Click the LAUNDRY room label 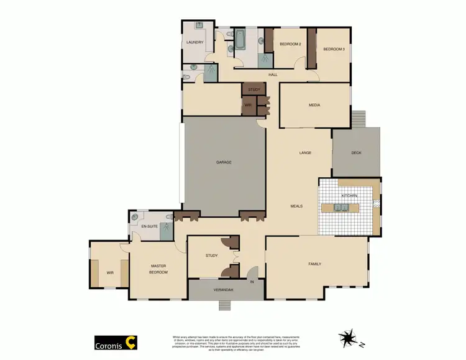[x=195, y=42]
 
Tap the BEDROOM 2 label [x=290, y=44]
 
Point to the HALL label [x=272, y=75]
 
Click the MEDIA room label [x=314, y=105]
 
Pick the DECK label [x=356, y=153]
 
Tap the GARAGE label [x=224, y=162]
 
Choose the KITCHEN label [x=349, y=196]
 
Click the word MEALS [x=296, y=206]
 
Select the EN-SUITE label [x=150, y=227]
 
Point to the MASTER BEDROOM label [x=158, y=269]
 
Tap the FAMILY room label [x=315, y=264]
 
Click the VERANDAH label [x=222, y=290]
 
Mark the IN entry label [x=252, y=283]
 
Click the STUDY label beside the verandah [x=212, y=255]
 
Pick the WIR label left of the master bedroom [x=110, y=272]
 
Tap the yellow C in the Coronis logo [x=130, y=341]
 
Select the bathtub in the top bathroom [x=240, y=40]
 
